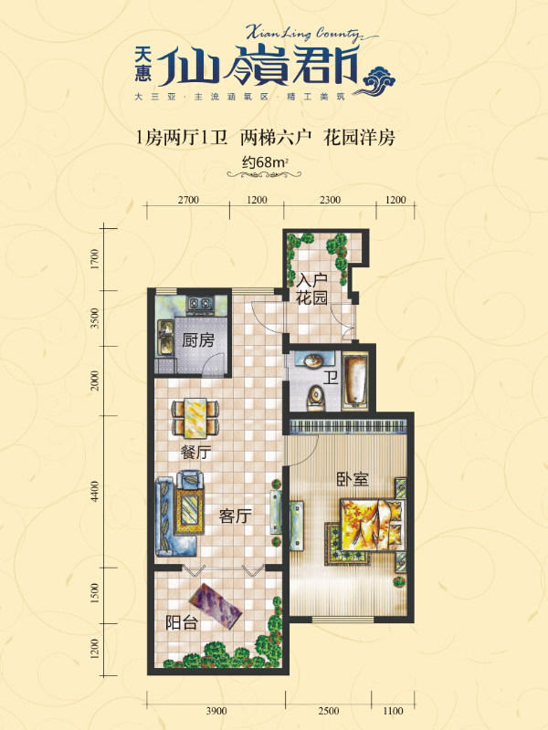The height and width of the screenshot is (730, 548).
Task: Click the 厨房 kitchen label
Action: click(x=198, y=340)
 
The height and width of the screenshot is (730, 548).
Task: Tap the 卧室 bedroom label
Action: click(x=353, y=479)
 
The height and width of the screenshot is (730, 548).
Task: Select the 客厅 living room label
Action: click(x=236, y=516)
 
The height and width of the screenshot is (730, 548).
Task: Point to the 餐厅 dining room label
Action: click(x=196, y=452)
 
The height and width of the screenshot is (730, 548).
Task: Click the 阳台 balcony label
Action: click(x=182, y=622)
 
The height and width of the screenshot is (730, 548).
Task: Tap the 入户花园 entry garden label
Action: click(x=311, y=288)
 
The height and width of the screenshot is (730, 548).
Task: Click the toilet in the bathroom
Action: click(x=316, y=398)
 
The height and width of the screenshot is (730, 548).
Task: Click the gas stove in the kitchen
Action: click(x=200, y=304)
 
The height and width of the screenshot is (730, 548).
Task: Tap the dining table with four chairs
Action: click(x=195, y=418)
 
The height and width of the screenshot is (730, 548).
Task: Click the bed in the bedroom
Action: click(x=371, y=525)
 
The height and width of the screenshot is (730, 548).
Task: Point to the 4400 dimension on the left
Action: click(x=96, y=491)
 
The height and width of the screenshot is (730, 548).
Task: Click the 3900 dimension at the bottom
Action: click(x=216, y=711)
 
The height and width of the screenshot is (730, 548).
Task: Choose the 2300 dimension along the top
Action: click(x=330, y=200)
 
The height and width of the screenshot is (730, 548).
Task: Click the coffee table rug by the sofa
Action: click(x=189, y=511)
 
